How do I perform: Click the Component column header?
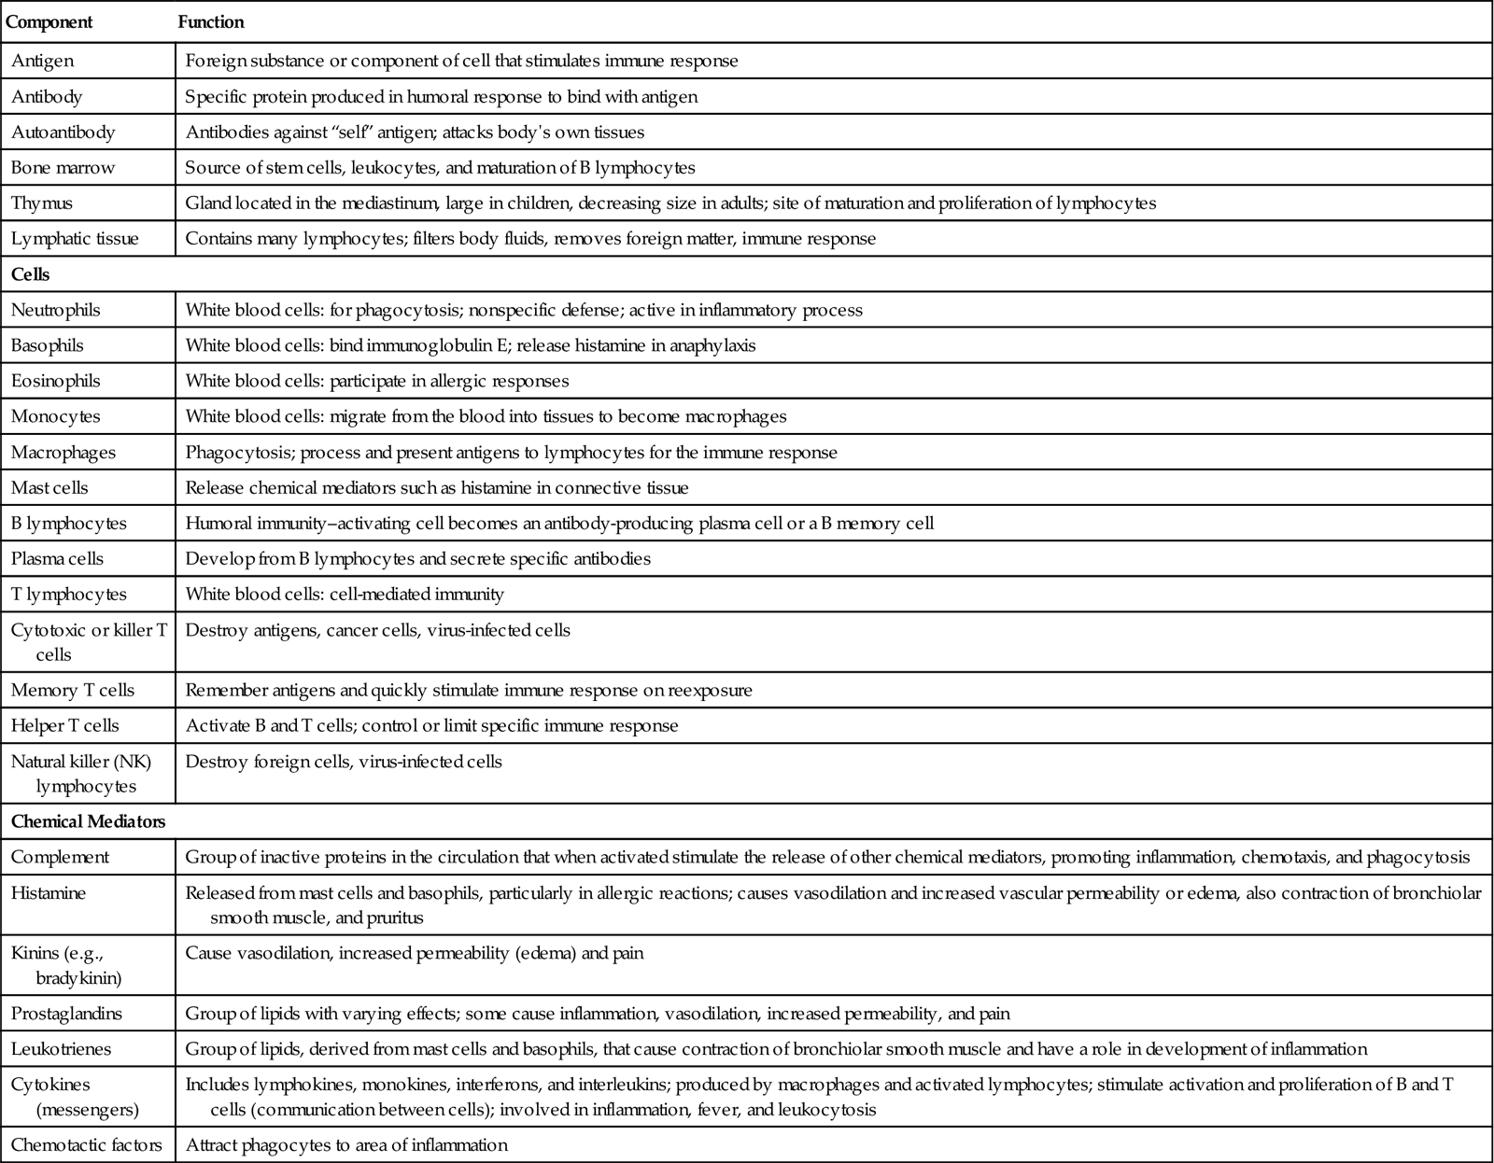49,21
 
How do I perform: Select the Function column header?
211,21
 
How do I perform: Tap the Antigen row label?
42,61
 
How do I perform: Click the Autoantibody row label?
63,132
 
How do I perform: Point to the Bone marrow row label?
63,168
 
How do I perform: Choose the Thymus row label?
41,203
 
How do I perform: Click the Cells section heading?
30,274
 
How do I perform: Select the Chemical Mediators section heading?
88,821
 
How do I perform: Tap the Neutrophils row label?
55,310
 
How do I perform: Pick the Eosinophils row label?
55,381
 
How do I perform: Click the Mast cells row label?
49,487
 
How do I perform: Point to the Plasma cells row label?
57,558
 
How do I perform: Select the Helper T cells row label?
64,725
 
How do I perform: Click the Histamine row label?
48,893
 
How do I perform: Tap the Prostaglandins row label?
66,1013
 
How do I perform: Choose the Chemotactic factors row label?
86,1144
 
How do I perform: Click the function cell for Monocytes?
486,416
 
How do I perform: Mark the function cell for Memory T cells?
469,690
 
